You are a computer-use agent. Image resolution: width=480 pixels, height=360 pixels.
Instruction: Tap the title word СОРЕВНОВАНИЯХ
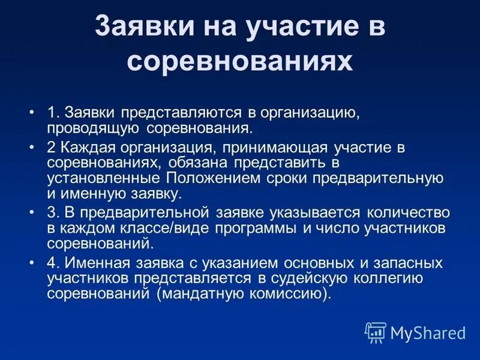(239, 62)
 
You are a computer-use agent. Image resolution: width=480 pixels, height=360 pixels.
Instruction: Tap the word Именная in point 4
(99, 263)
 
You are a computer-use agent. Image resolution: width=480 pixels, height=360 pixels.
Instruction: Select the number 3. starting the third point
(53, 213)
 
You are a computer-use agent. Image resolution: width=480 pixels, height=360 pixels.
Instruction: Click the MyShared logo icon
(375, 332)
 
